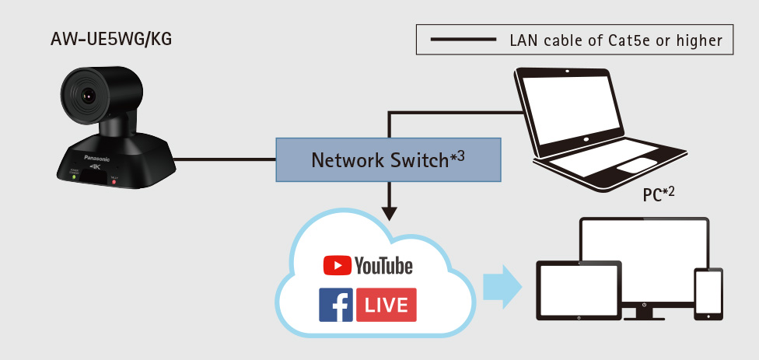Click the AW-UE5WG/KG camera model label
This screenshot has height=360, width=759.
(110, 37)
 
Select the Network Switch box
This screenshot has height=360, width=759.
(387, 159)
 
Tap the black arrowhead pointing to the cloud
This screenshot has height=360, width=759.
(388, 211)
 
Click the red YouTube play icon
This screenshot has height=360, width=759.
(336, 266)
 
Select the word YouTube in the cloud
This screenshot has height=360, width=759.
(383, 266)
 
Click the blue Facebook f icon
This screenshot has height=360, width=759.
(336, 305)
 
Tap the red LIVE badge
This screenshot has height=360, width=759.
(386, 305)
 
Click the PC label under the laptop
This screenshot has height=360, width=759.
(658, 194)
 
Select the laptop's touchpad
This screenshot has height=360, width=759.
(637, 163)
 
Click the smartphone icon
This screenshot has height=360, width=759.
(708, 294)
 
